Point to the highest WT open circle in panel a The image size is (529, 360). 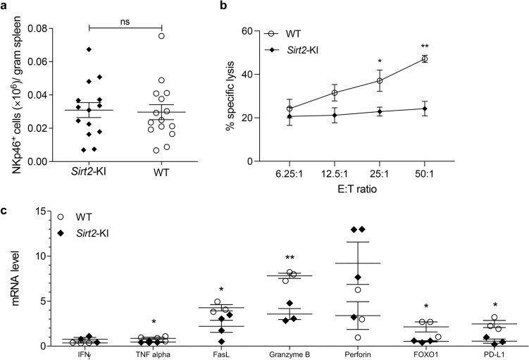point(161,35)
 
